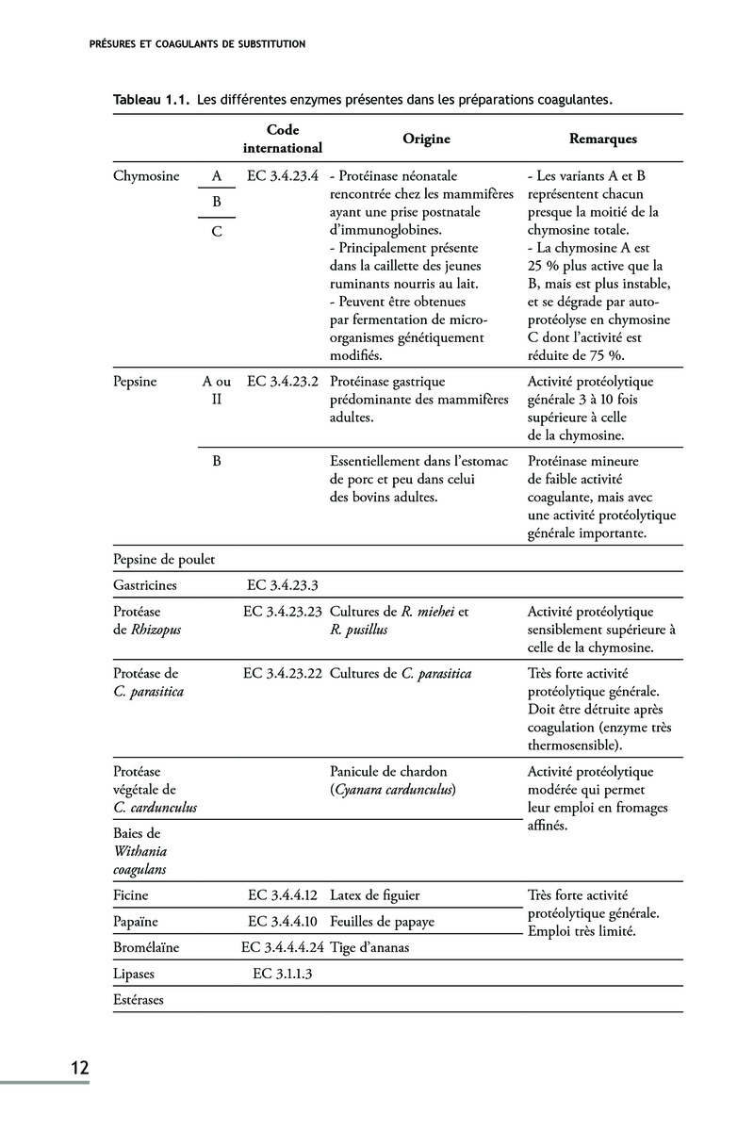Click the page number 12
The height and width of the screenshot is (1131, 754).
(78, 1068)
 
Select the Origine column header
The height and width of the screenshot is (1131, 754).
(426, 139)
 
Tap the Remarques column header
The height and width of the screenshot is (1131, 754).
(603, 139)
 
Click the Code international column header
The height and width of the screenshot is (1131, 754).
(282, 139)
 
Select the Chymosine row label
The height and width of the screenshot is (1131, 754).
(146, 175)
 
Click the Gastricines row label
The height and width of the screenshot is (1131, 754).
(145, 584)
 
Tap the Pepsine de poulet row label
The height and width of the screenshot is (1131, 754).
(164, 559)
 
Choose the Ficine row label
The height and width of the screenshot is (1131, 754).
(131, 894)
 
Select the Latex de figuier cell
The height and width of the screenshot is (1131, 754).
(375, 894)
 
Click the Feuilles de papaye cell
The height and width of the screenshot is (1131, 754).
(382, 921)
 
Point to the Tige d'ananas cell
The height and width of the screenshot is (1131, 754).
(369, 947)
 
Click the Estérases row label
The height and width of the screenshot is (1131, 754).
(139, 1000)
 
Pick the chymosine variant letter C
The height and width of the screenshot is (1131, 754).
(217, 232)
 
